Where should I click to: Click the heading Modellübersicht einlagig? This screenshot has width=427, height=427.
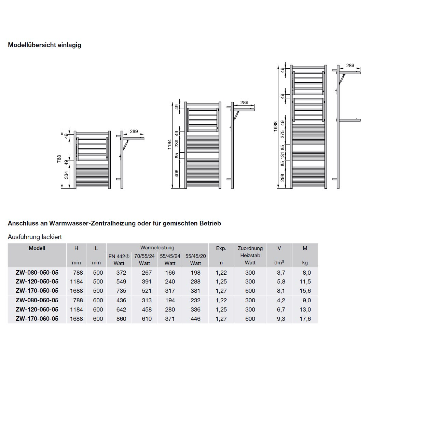(44, 45)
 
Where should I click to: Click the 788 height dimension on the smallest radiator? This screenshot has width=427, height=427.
(59, 159)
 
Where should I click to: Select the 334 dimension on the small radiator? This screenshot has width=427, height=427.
(66, 175)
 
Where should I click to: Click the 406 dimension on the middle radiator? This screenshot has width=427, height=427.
(177, 174)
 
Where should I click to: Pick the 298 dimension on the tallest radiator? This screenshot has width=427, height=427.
(282, 177)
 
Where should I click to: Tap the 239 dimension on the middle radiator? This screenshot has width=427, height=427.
(177, 143)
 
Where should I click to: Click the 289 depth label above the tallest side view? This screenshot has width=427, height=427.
(350, 66)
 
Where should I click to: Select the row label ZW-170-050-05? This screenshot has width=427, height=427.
(37, 291)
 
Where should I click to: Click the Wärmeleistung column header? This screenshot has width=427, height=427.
(157, 248)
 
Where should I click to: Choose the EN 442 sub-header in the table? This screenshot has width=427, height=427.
(119, 256)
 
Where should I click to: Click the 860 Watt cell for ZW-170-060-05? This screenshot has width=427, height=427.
(121, 319)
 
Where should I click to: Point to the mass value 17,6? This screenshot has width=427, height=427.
(305, 319)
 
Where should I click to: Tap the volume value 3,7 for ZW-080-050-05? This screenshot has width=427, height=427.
(281, 273)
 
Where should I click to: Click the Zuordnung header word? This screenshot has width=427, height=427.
(250, 248)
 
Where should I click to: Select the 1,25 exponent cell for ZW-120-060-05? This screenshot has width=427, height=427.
(221, 309)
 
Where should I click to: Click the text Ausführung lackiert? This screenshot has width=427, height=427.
(35, 237)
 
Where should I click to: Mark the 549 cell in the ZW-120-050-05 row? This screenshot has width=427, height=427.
(121, 281)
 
